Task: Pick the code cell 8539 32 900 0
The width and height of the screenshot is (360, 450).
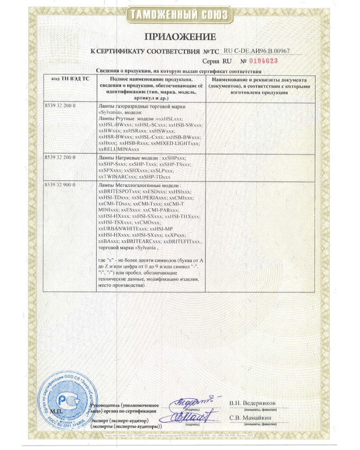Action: pos(60,185)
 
